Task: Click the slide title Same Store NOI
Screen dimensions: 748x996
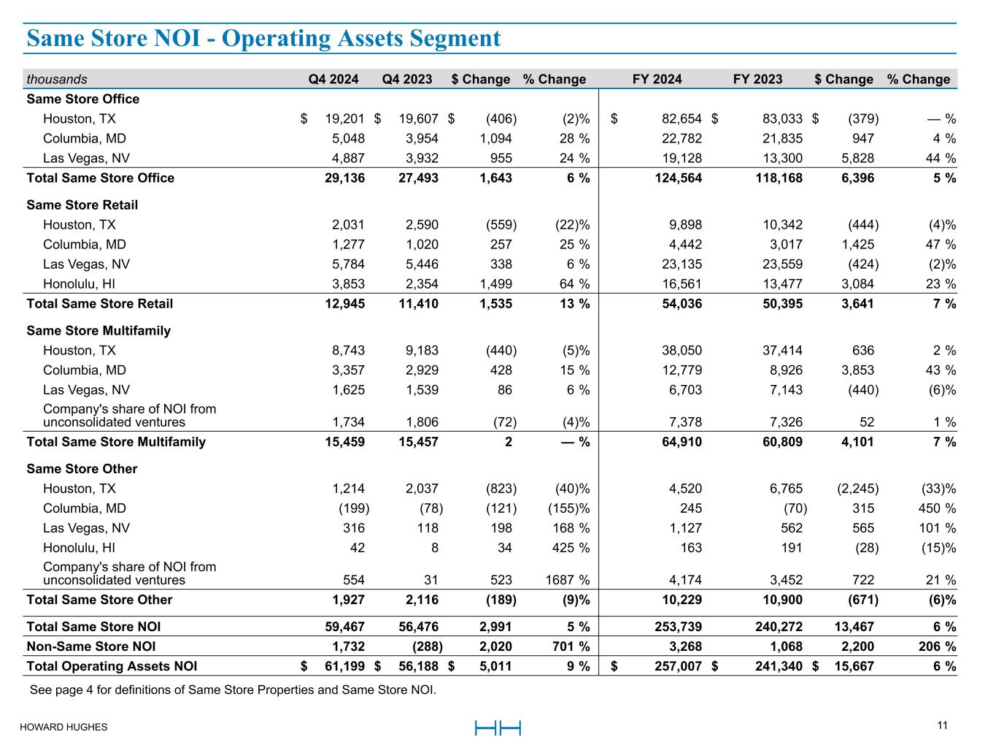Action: [263, 38]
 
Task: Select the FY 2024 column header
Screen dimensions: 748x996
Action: [657, 79]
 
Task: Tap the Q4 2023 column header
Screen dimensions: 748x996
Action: [407, 79]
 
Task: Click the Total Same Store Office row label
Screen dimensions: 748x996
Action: [100, 178]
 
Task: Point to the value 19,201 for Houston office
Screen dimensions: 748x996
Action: [344, 118]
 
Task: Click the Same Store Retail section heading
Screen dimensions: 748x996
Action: [82, 205]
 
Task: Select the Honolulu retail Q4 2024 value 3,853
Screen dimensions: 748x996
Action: [348, 284]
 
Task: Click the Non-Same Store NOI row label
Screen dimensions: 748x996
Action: [90, 646]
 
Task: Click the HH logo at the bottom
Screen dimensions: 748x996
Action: [498, 728]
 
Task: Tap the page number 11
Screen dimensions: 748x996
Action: [942, 725]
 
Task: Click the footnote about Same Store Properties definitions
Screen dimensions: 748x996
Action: [233, 690]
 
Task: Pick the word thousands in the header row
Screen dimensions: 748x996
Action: [57, 79]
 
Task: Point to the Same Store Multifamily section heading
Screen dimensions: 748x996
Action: [99, 330]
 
